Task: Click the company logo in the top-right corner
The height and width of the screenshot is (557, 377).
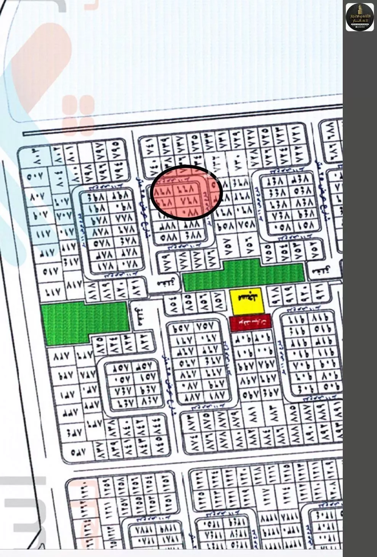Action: pyautogui.click(x=359, y=16)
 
